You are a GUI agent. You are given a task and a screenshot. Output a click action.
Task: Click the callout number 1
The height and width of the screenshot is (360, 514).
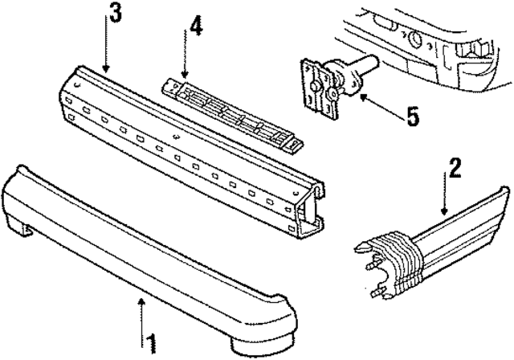pyautogui.click(x=151, y=344)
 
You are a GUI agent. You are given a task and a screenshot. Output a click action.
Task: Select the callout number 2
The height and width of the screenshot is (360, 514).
pyautogui.click(x=455, y=168)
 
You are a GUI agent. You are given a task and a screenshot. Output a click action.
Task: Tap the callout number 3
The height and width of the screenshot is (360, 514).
pyautogui.click(x=115, y=13)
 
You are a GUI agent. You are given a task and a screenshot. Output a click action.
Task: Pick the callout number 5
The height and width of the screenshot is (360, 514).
pyautogui.click(x=413, y=117)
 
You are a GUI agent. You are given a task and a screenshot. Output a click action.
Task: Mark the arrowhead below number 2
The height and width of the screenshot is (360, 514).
pyautogui.click(x=444, y=211)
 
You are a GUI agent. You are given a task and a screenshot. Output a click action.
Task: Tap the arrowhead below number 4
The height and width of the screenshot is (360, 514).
pyautogui.click(x=185, y=75)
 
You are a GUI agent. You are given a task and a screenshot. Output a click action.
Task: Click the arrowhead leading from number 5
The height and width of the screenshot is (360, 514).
pyautogui.click(x=364, y=96)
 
